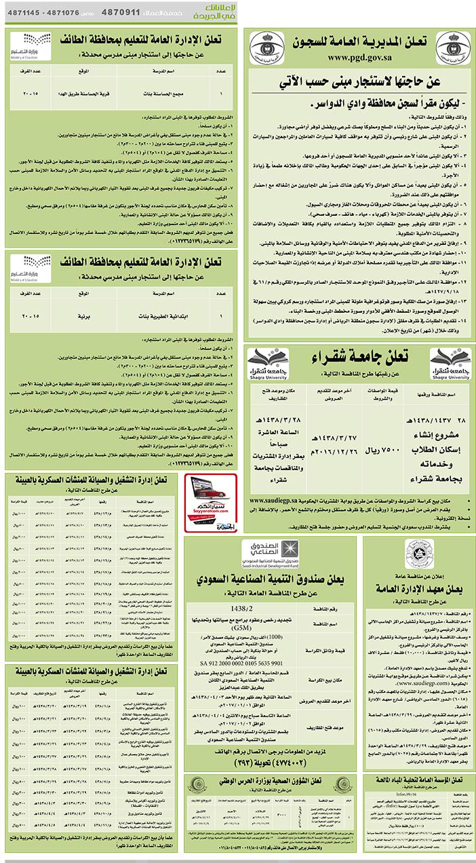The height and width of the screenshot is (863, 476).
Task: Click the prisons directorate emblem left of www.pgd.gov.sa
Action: (264, 50)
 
